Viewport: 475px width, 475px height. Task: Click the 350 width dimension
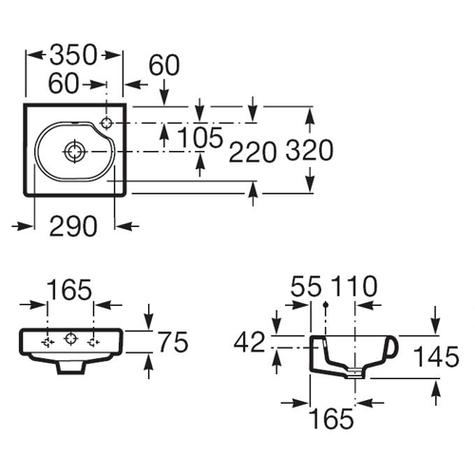[x=73, y=55]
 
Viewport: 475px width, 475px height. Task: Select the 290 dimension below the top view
[x=73, y=226]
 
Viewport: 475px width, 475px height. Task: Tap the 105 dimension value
[x=200, y=138]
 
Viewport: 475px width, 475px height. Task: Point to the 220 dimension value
[x=253, y=152]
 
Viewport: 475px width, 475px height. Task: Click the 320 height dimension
[x=310, y=150]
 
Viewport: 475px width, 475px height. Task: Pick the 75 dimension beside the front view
[x=173, y=342]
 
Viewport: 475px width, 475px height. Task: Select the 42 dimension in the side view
[x=249, y=342]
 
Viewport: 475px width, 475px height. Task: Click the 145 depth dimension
[x=436, y=356]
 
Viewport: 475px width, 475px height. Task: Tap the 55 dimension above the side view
[x=306, y=286]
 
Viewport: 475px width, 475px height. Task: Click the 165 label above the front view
[x=69, y=290]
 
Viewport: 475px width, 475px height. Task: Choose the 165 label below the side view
[x=331, y=419]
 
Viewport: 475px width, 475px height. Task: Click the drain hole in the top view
[x=75, y=151]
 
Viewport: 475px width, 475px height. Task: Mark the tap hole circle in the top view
[x=107, y=123]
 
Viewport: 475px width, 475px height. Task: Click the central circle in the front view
[x=70, y=338]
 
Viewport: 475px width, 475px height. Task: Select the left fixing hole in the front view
[x=48, y=342]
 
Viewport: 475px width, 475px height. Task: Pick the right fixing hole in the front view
[x=94, y=342]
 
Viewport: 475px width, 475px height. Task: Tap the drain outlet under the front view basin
[x=71, y=368]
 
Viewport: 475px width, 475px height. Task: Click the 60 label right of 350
[x=164, y=66]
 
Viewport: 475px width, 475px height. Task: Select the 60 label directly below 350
[x=64, y=84]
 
